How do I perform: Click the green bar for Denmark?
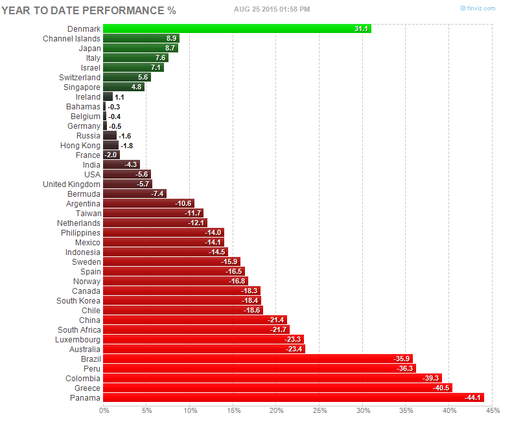tap(237, 28)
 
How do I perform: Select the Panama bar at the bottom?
tap(293, 397)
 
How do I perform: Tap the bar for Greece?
tap(277, 388)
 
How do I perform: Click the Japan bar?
tap(140, 48)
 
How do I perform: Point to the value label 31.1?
tap(362, 28)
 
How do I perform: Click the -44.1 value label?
tap(474, 397)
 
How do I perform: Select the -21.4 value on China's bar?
tap(276, 320)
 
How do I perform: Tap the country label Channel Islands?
tap(71, 38)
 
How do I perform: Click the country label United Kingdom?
tap(71, 184)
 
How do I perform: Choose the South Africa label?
tap(79, 329)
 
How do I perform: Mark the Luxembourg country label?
tap(78, 339)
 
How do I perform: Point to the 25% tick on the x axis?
tap(319, 410)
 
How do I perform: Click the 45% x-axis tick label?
tap(492, 410)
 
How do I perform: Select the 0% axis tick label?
tap(104, 410)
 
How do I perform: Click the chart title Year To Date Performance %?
tap(89, 10)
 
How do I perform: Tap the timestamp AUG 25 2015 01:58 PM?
tap(272, 8)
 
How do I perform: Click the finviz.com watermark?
tap(478, 8)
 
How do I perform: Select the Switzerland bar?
tap(127, 77)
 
